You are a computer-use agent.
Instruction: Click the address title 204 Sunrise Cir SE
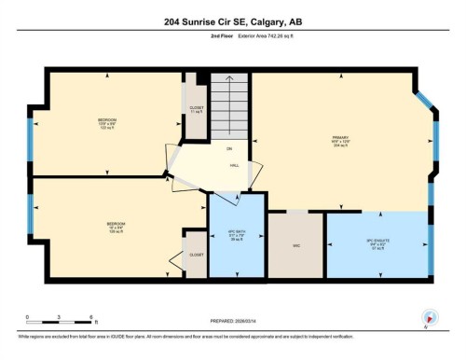232,22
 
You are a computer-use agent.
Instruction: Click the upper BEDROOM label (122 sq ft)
107,122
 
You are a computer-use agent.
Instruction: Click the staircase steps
229,104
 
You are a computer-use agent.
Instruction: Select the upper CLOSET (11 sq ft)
196,108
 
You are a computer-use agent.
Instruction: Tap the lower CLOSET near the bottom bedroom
196,254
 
